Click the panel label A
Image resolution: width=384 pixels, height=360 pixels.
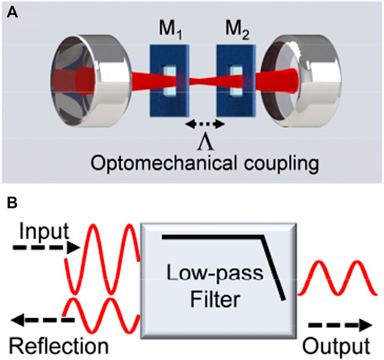11,11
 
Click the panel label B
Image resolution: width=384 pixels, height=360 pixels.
11,202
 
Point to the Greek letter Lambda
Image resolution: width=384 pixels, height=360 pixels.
204,138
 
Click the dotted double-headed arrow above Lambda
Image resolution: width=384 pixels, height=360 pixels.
204,124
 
